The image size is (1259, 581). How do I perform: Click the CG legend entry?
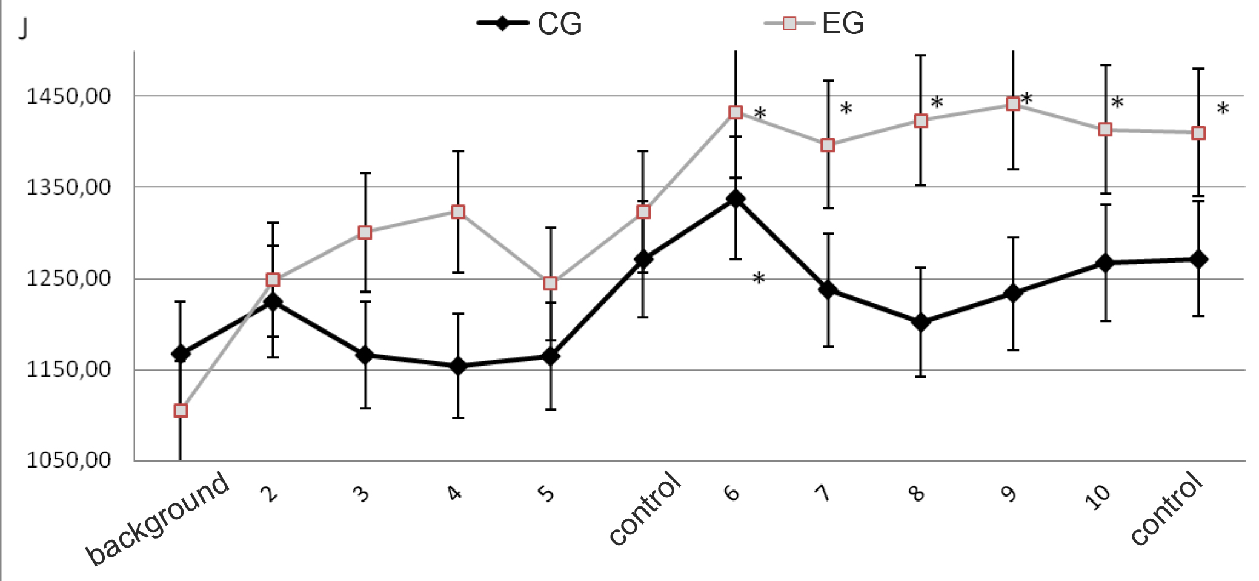click(x=530, y=24)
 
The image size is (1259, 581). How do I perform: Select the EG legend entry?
click(x=815, y=24)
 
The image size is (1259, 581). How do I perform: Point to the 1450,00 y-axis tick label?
click(x=68, y=96)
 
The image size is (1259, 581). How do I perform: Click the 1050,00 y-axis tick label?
click(x=68, y=460)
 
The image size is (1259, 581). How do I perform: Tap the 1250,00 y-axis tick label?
click(x=68, y=278)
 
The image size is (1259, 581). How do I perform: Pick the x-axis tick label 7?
click(x=823, y=492)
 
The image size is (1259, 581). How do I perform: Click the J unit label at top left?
click(x=23, y=29)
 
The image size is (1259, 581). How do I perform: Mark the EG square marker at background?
click(x=181, y=411)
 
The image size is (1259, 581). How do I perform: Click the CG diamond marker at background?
click(x=181, y=353)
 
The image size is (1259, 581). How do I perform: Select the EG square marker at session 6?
click(x=736, y=112)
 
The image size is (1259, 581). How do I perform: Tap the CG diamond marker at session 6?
click(x=736, y=199)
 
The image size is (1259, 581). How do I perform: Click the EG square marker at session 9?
click(x=1013, y=104)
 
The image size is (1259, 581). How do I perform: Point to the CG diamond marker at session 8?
click(x=920, y=322)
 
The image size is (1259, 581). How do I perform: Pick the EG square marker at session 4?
click(x=458, y=212)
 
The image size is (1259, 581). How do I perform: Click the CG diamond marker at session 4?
click(x=458, y=366)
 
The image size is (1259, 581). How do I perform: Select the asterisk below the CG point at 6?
click(x=759, y=280)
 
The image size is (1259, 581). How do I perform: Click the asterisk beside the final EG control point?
click(x=1223, y=110)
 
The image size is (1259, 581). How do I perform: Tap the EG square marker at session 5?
click(x=550, y=283)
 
